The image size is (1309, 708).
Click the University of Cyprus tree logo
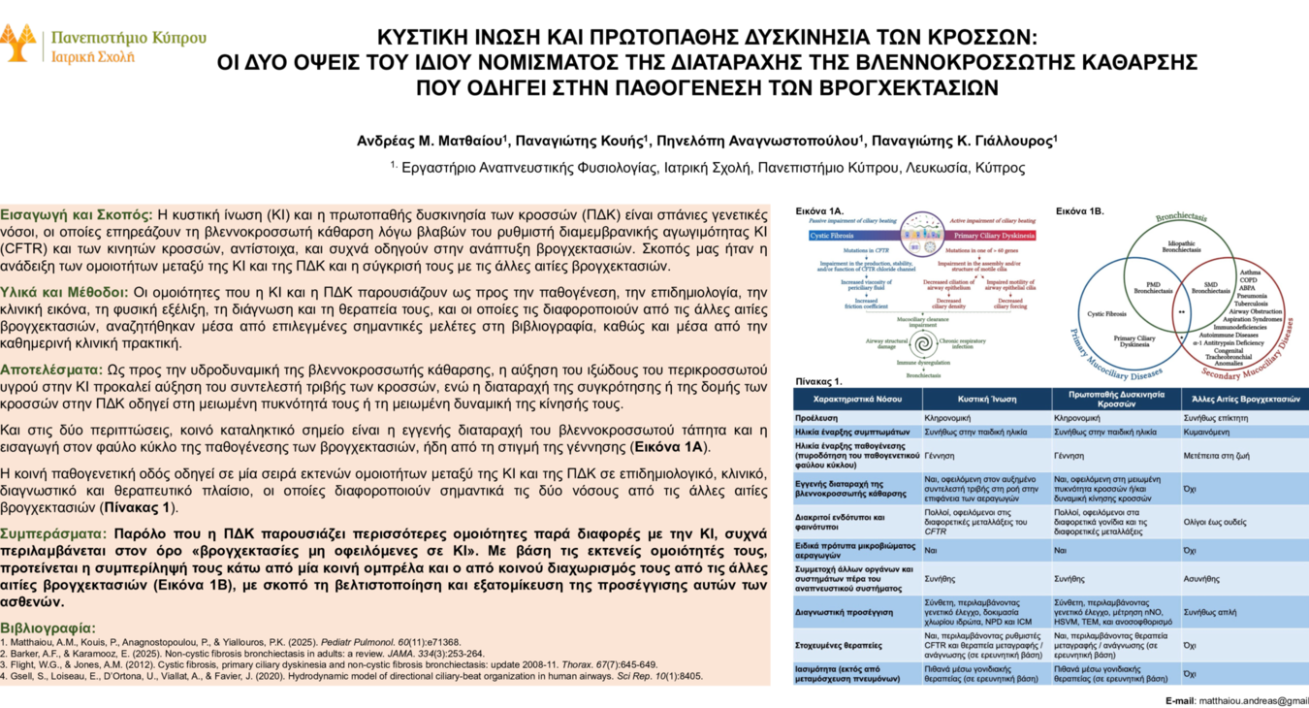(x=19, y=42)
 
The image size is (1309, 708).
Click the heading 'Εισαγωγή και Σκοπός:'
(x=77, y=214)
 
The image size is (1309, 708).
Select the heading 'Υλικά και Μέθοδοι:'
(x=65, y=292)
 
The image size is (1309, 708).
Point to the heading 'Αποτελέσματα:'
(x=51, y=370)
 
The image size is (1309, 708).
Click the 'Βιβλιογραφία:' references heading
(x=48, y=628)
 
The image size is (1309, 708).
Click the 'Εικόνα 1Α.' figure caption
(x=819, y=209)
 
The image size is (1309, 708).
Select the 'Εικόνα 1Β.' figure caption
(x=1079, y=209)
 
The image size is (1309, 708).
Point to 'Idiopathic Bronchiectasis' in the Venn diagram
(x=1182, y=246)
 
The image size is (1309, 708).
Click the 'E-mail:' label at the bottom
(x=1180, y=699)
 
